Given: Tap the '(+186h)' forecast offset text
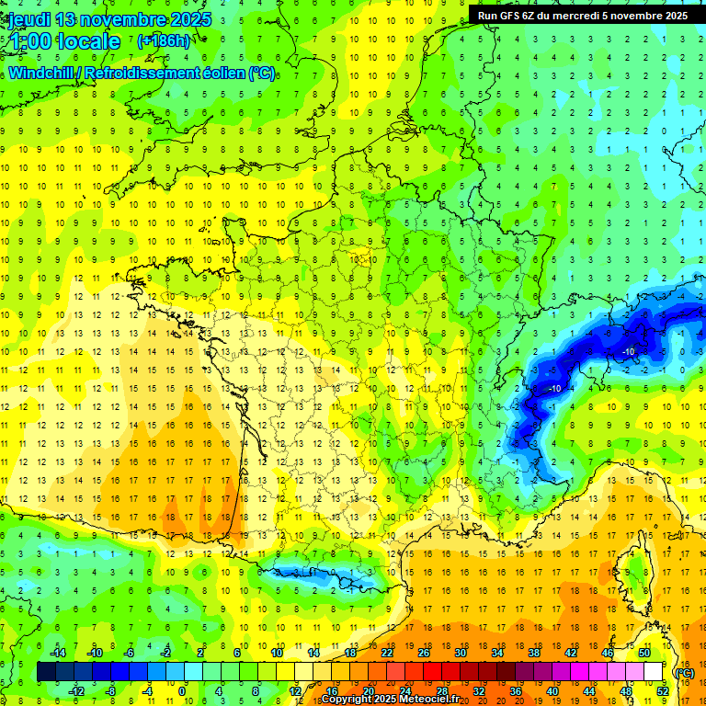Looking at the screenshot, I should [164, 41].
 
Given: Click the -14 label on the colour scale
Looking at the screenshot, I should [60, 652].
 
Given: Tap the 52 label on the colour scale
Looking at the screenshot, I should [662, 690].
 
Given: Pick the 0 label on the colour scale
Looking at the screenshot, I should [182, 690].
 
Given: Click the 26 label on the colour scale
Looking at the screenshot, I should [424, 652].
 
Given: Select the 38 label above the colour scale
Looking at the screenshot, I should [533, 652].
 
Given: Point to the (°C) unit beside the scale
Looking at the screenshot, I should [685, 672].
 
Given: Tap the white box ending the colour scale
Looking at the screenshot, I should [653, 672].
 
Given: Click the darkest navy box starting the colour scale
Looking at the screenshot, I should [46, 672].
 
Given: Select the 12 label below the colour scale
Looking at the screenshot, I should [296, 690].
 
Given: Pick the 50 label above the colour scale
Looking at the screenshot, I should [643, 652].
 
